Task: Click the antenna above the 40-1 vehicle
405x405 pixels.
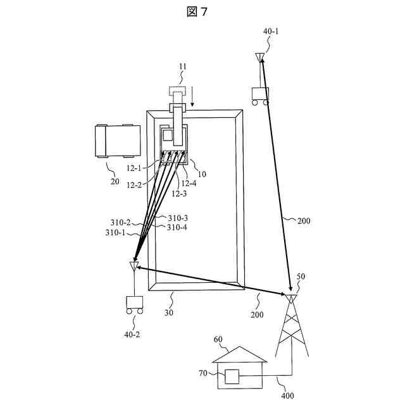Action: point(259,58)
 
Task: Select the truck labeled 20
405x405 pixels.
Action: point(116,140)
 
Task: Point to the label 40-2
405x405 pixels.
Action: point(133,334)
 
